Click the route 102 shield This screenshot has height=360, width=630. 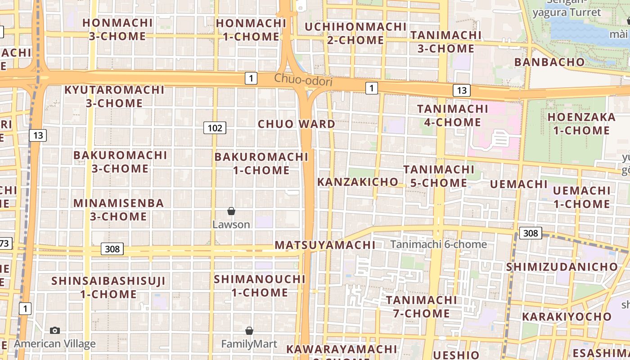215,128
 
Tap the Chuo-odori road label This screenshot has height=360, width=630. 303,81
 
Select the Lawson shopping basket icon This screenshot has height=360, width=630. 231,211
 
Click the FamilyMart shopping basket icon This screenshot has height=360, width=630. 249,331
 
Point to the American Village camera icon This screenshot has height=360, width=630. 55,331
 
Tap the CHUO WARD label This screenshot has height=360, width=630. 296,124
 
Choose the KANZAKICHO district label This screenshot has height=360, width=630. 358,182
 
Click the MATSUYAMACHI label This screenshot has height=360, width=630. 325,245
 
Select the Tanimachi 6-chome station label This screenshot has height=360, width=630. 438,244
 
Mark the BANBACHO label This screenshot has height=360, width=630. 549,62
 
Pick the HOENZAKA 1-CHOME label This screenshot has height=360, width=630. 581,124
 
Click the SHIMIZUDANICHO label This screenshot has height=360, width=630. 562,267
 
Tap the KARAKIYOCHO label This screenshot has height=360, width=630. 567,316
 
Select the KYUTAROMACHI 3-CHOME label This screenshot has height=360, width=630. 114,96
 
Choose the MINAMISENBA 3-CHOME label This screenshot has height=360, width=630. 118,210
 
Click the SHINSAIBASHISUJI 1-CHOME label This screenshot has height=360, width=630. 108,288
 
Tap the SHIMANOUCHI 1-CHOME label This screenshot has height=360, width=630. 260,286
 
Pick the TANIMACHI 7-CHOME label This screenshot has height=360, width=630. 421,306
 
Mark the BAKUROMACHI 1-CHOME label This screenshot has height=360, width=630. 261,163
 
